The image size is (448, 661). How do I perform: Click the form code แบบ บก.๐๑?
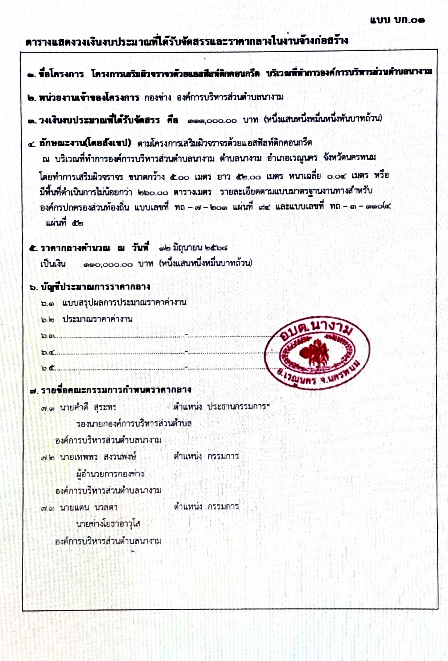click(397, 20)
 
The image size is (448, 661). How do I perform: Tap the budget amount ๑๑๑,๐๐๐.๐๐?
click(212, 121)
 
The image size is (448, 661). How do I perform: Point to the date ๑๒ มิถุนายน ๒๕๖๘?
click(193, 248)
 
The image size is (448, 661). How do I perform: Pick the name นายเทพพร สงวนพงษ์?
click(98, 457)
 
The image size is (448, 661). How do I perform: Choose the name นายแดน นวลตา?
click(89, 507)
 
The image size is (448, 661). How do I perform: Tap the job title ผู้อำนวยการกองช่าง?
click(110, 474)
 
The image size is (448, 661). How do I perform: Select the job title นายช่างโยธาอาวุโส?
click(108, 524)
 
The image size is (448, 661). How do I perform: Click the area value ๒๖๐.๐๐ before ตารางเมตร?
click(153, 192)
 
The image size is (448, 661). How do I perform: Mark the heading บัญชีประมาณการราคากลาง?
click(95, 287)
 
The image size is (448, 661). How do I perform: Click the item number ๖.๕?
click(48, 368)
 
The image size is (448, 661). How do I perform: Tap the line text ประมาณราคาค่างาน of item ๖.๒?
click(97, 319)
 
